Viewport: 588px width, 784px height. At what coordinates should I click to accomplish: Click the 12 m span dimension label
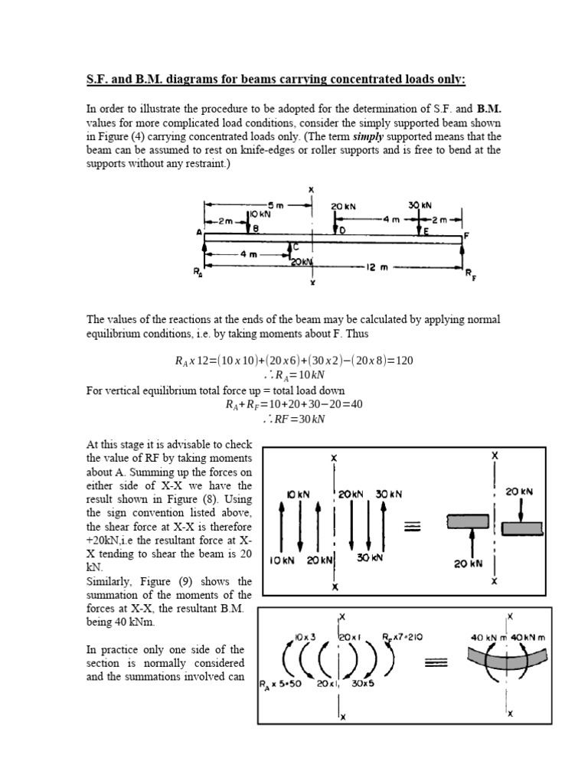pos(379,267)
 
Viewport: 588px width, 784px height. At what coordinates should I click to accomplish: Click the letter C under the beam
pos(296,247)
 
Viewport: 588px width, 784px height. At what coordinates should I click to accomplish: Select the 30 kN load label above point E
pos(420,205)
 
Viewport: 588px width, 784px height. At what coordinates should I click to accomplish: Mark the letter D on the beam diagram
pos(341,229)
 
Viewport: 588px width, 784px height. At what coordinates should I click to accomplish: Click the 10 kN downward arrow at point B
pos(247,223)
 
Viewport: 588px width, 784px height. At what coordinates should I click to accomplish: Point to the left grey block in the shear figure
pos(469,521)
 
